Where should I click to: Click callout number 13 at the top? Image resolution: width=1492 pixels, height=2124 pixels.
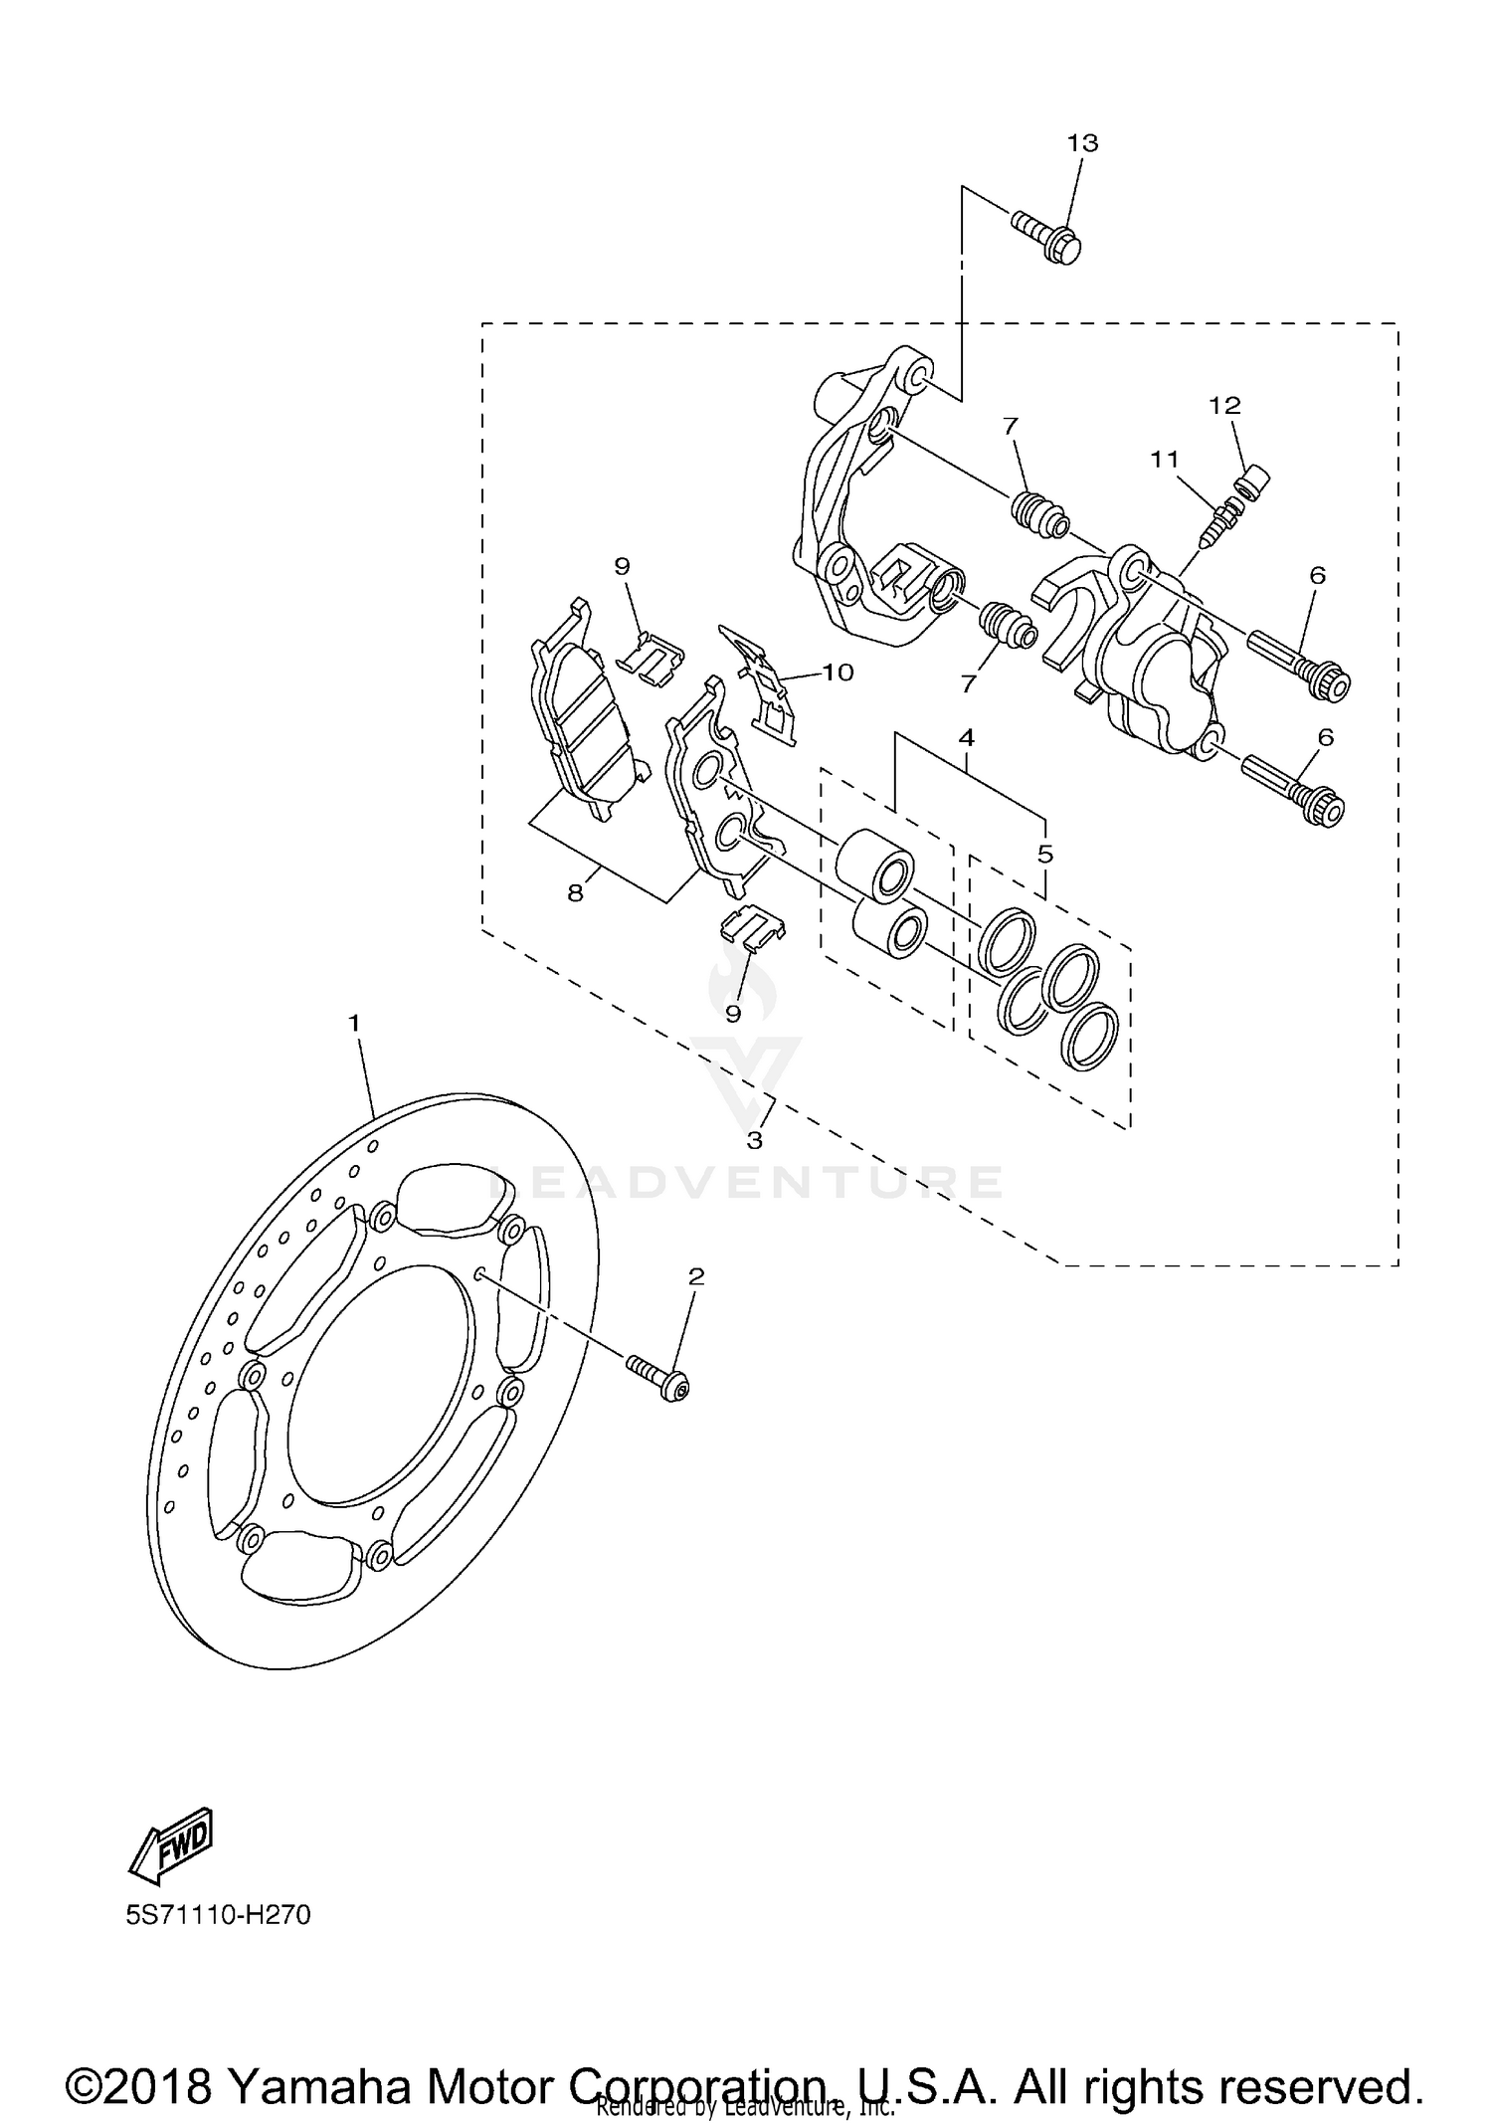[1082, 143]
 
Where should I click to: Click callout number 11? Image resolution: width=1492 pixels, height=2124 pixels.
[1165, 459]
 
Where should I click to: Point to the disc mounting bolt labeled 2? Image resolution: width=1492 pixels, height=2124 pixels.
[659, 1376]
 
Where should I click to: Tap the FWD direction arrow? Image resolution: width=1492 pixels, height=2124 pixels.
[172, 1848]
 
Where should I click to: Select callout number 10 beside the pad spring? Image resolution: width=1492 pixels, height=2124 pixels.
[838, 673]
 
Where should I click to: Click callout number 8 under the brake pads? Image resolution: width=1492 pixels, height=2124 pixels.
[576, 892]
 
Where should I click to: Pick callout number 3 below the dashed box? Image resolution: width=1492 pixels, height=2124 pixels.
[755, 1140]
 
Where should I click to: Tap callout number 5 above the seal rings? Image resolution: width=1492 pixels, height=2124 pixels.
[1045, 854]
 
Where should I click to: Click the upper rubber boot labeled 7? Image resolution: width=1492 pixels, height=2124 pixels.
[1038, 514]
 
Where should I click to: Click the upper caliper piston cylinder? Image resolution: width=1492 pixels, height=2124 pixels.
[875, 856]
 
